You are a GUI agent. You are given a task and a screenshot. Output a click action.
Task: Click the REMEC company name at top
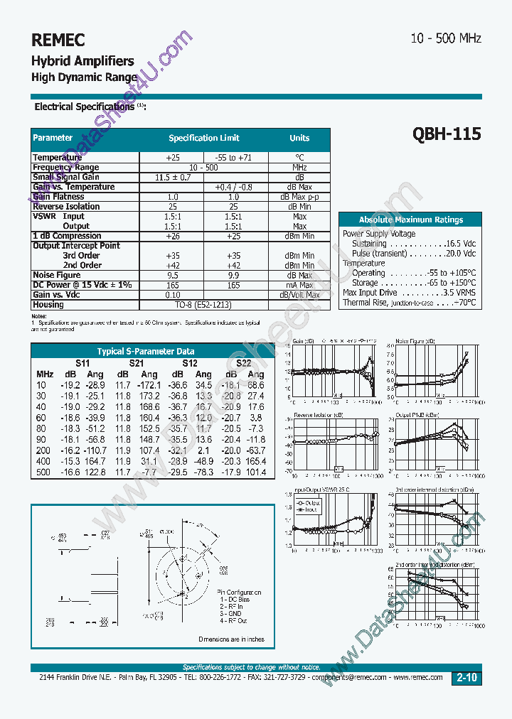58,40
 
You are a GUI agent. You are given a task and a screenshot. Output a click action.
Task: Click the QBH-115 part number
447,134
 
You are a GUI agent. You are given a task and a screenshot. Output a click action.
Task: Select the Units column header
299,138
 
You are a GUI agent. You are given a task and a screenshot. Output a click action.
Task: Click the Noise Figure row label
57,275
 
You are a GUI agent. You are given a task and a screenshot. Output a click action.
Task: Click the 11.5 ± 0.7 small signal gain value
172,177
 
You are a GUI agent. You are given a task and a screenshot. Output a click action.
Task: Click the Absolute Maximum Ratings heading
410,220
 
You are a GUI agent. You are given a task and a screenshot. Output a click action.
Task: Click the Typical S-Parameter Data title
145,351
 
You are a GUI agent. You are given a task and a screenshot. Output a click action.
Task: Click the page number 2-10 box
466,679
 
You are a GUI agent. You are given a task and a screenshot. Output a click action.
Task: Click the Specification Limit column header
203,138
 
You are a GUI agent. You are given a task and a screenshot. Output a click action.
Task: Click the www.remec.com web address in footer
419,678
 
